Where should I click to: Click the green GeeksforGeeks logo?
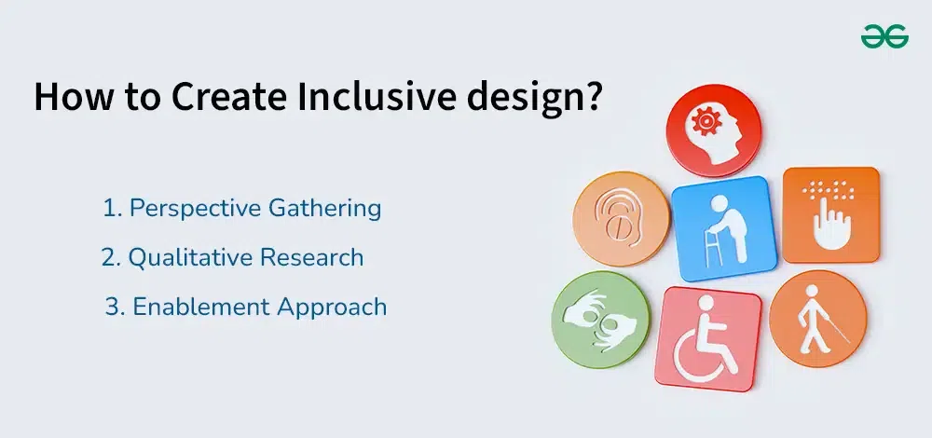click(884, 36)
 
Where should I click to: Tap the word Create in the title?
click(229, 97)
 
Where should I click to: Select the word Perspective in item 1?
click(195, 209)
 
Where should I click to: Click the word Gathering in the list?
click(324, 209)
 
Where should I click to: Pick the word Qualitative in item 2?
click(190, 258)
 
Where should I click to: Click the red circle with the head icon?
click(713, 130)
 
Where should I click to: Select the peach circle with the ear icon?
click(621, 219)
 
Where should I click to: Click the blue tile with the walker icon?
click(724, 229)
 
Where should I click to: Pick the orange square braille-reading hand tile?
click(831, 215)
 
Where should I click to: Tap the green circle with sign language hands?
click(601, 320)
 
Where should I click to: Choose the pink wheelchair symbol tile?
click(707, 339)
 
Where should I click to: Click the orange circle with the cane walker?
click(818, 319)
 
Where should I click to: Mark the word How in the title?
click(72, 97)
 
